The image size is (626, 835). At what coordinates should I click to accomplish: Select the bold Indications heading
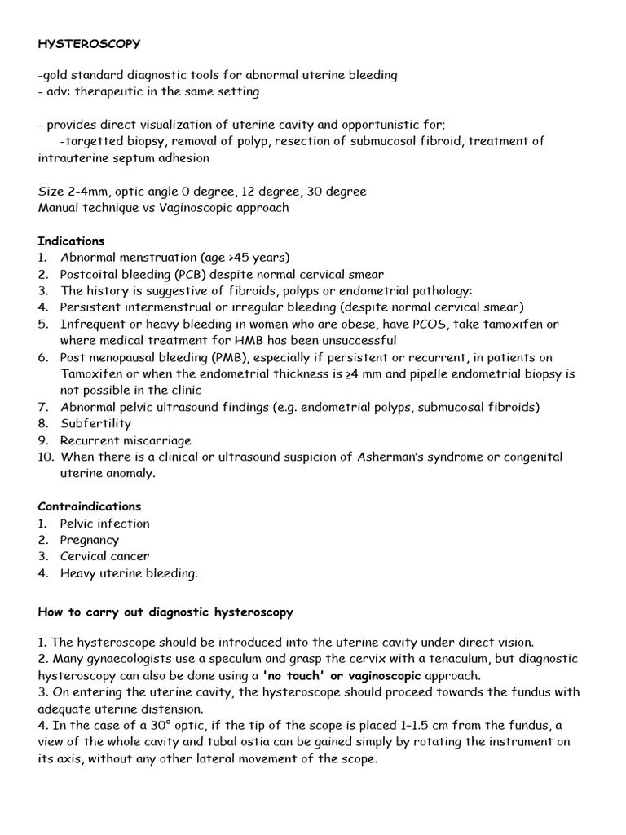[x=71, y=241]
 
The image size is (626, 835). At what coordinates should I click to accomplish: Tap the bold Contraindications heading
[x=89, y=506]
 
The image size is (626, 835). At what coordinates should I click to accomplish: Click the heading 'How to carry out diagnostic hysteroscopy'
[x=165, y=612]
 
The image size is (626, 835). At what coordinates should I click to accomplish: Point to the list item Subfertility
[x=95, y=424]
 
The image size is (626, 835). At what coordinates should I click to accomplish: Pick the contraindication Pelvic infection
[x=105, y=524]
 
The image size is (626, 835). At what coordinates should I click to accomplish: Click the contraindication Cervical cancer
[x=104, y=556]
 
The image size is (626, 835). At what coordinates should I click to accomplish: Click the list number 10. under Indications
[x=46, y=457]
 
